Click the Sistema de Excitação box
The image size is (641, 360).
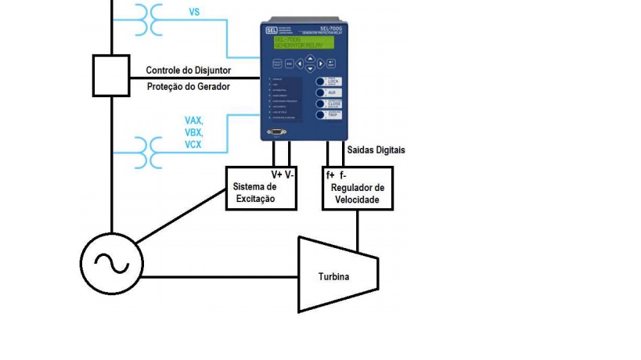pyautogui.click(x=261, y=188)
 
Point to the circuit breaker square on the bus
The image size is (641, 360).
pyautogui.click(x=111, y=75)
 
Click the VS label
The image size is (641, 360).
pyautogui.click(x=195, y=13)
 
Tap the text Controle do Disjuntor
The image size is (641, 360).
pyautogui.click(x=188, y=70)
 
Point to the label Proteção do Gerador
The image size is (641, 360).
pyautogui.click(x=188, y=86)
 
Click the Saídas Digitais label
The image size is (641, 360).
pyautogui.click(x=376, y=149)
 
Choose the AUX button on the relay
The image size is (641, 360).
pyautogui.click(x=331, y=92)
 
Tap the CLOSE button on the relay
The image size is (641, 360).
pyautogui.click(x=331, y=103)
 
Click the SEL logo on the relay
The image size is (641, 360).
pyautogui.click(x=270, y=29)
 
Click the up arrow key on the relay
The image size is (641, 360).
pyautogui.click(x=310, y=57)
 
